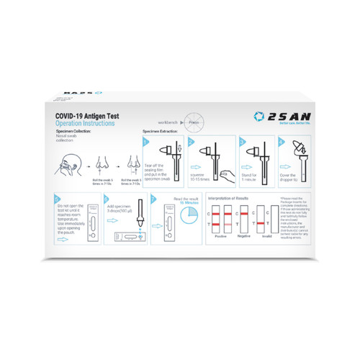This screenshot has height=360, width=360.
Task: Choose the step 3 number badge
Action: pyautogui.click(x=243, y=142)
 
